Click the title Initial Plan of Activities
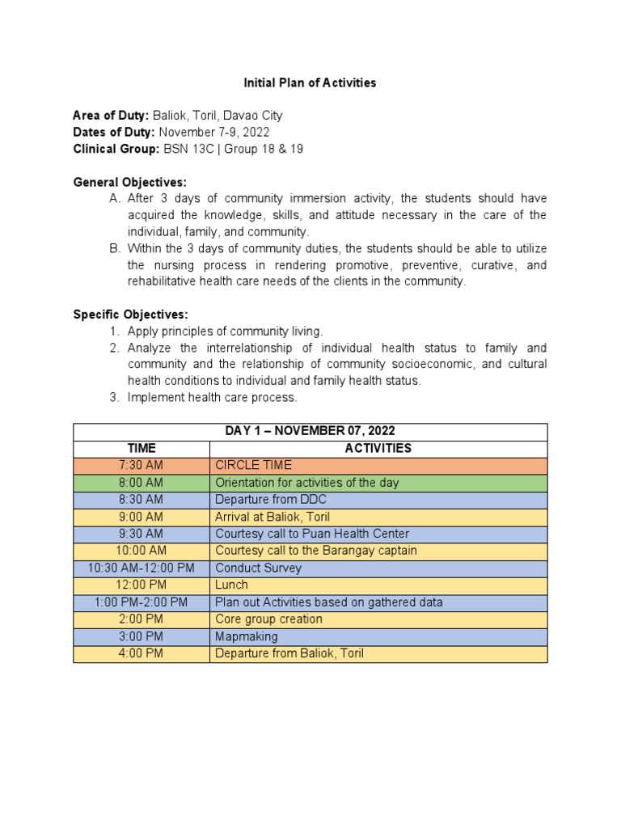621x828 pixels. [310, 82]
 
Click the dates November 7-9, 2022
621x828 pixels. [214, 133]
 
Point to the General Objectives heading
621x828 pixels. [129, 182]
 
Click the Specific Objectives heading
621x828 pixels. [130, 314]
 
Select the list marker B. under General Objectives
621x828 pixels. [115, 248]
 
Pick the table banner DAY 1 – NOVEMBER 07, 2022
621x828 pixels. [310, 431]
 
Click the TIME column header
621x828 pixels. [142, 448]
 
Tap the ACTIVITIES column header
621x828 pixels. [378, 448]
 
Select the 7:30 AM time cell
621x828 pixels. [142, 465]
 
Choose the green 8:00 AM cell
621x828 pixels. [142, 482]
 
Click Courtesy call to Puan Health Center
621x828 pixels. [312, 534]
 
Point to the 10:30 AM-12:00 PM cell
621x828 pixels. [142, 568]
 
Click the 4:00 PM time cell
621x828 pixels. [142, 653]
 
